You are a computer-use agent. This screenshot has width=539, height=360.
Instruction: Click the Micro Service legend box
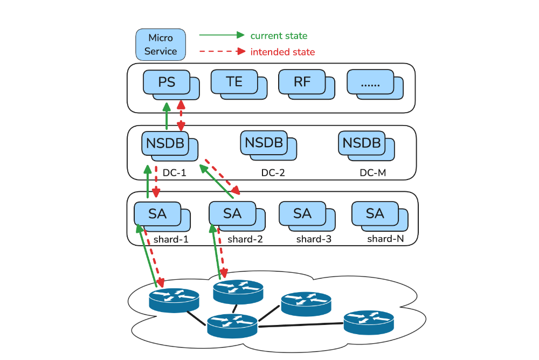pos(160,44)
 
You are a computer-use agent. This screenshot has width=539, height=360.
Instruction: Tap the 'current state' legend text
pos(279,36)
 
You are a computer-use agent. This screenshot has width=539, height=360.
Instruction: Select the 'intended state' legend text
pos(282,52)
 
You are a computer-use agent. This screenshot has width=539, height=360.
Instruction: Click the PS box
pos(167,82)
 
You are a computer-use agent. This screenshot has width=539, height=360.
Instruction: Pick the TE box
pos(234,82)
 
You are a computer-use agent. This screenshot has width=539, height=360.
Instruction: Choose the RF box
pos(302,82)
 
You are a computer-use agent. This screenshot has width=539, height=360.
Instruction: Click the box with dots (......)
pos(371,82)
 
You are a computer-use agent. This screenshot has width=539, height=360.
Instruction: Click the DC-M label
pos(373,174)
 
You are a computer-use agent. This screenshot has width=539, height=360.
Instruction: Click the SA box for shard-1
pos(157,213)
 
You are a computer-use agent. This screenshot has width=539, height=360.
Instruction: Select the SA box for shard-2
pos(232,213)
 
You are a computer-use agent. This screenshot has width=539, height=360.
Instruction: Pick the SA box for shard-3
pos(302,213)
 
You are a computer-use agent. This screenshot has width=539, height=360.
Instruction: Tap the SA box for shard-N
pos(375,213)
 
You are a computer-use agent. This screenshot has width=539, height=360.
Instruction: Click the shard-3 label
pos(314,239)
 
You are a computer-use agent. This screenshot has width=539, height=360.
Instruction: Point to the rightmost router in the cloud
pos(369,322)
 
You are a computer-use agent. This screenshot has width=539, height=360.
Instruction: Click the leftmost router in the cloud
pos(174,300)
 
